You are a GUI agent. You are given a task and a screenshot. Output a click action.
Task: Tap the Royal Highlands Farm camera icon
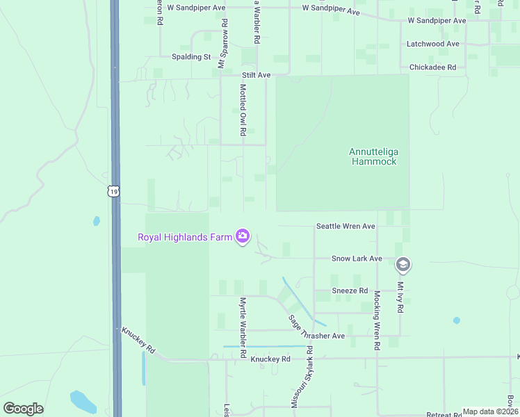(243, 237)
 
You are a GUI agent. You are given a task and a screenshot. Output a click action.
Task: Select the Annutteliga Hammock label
(373, 156)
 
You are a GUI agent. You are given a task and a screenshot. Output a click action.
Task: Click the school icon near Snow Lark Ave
(403, 265)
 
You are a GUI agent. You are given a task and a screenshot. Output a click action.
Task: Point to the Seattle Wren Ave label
(346, 227)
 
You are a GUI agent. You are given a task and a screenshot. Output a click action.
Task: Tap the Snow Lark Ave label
(357, 259)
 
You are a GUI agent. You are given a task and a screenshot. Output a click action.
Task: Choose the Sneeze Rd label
(349, 291)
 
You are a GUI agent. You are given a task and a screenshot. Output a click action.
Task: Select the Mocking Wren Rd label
(376, 319)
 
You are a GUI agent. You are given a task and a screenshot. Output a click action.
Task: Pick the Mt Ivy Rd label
(400, 297)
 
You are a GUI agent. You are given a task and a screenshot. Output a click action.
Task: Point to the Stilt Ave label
(256, 75)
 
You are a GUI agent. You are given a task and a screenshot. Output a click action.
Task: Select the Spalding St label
(192, 56)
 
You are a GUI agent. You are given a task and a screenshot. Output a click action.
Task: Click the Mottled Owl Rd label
(243, 110)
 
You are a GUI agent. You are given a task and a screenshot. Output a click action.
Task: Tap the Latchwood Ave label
(433, 44)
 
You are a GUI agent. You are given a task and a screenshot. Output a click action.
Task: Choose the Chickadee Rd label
(432, 67)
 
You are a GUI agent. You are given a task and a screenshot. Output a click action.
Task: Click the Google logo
(23, 409)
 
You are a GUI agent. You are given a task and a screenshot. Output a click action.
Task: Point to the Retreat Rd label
(444, 414)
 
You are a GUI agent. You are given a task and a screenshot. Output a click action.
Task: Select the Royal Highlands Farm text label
(184, 237)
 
